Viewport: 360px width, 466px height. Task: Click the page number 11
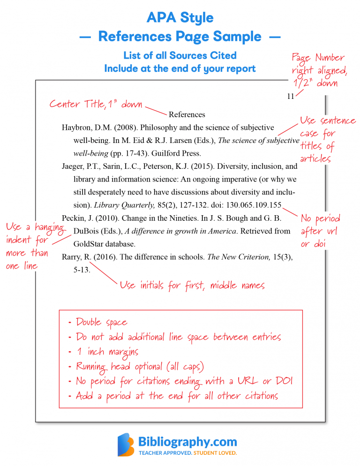[x=290, y=97]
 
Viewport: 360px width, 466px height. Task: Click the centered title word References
[x=187, y=114]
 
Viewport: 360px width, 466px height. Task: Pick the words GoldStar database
[x=104, y=244]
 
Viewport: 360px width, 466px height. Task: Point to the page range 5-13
[x=82, y=270]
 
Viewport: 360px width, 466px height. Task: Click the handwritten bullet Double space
[x=101, y=323]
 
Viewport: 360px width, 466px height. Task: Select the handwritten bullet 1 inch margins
[x=107, y=352]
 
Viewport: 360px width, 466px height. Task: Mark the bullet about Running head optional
[x=140, y=366]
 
